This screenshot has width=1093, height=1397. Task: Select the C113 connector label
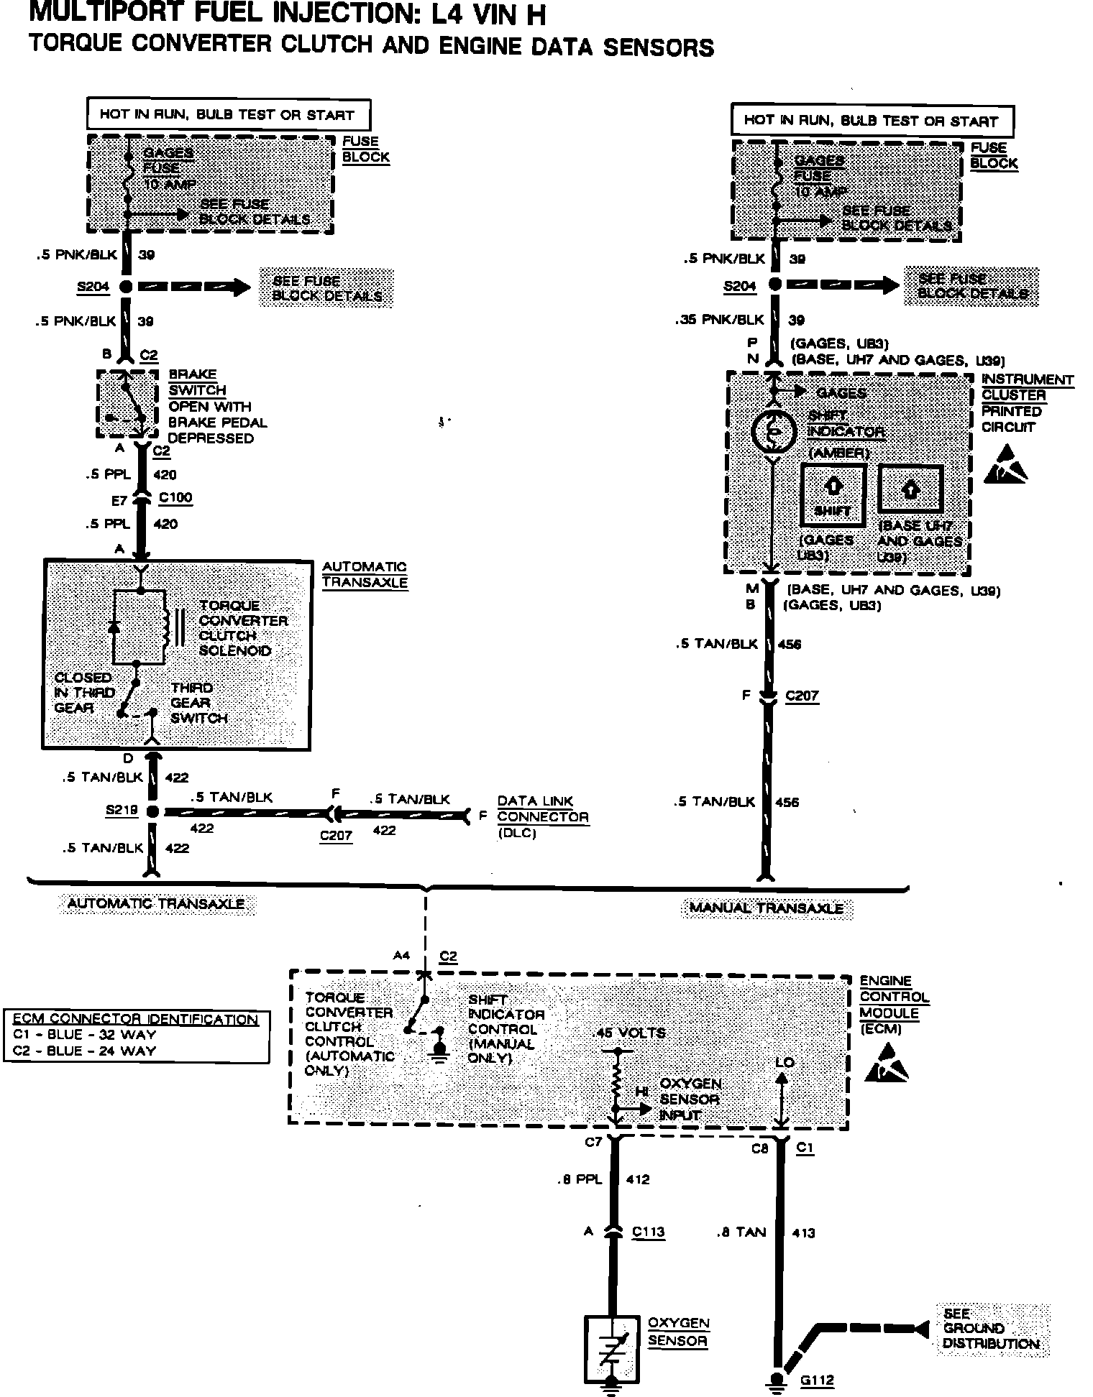click(x=648, y=1232)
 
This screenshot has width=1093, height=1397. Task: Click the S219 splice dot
click(x=152, y=811)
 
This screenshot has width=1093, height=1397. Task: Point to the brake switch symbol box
click(x=127, y=403)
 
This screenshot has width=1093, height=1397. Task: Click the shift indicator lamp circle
click(x=774, y=431)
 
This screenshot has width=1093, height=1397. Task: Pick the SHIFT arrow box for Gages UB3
click(x=833, y=494)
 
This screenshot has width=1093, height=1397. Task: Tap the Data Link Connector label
click(x=542, y=809)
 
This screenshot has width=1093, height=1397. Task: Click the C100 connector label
click(x=175, y=497)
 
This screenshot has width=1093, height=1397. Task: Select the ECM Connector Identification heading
click(x=136, y=1019)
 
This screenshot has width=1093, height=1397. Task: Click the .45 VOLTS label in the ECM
click(x=630, y=1033)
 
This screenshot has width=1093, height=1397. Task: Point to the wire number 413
click(x=803, y=1233)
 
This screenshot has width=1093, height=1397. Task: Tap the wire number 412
click(x=638, y=1179)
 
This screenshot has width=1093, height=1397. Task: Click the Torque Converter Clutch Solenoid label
click(x=243, y=628)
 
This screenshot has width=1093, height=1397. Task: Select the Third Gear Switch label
click(x=198, y=703)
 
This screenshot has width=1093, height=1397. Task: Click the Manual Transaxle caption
click(x=766, y=908)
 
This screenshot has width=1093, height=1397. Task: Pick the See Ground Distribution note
click(x=990, y=1329)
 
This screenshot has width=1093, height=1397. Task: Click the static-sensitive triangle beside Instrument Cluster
click(x=1007, y=465)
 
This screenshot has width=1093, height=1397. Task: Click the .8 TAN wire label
click(x=741, y=1232)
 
